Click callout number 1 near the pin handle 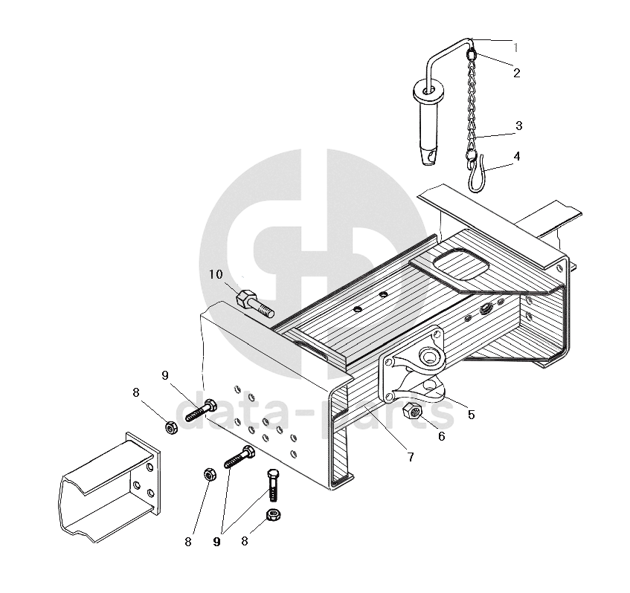click(x=515, y=47)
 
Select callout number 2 click(x=515, y=73)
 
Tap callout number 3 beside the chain click(x=518, y=126)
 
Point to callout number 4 click(x=515, y=157)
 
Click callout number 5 click(x=471, y=415)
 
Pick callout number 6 click(x=441, y=436)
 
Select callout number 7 click(x=410, y=456)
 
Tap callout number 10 click(x=216, y=274)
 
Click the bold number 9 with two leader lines click(x=217, y=542)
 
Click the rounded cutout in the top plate click(x=457, y=262)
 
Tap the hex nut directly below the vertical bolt click(x=273, y=515)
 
